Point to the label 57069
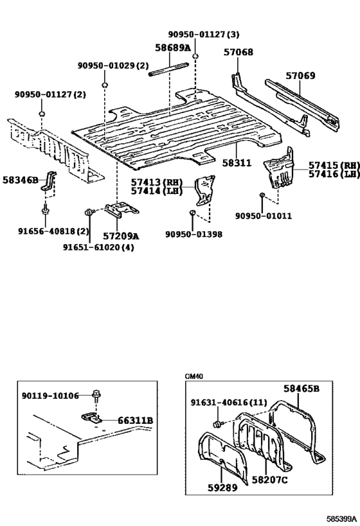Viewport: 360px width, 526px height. coord(300,75)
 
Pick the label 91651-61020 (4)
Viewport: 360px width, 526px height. coord(98,247)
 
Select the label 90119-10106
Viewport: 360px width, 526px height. coord(50,396)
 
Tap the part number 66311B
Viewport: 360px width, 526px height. coord(135,421)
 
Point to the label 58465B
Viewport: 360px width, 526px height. coord(301,389)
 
